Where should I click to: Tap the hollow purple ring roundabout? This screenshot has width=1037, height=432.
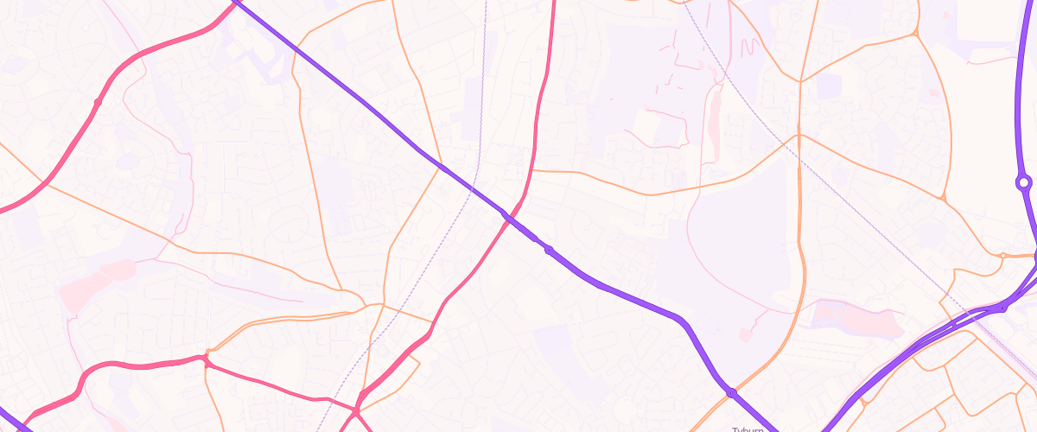click(x=1024, y=182)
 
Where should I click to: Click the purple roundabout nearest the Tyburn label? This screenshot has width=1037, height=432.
click(x=732, y=393)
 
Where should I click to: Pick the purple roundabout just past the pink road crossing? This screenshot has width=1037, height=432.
click(x=549, y=251)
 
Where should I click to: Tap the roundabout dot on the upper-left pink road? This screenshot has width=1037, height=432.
click(x=98, y=102)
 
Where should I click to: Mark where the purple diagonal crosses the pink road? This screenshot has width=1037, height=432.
click(x=505, y=213)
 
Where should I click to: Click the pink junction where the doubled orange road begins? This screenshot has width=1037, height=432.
click(x=207, y=355)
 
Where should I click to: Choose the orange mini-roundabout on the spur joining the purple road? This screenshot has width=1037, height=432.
click(x=1002, y=256)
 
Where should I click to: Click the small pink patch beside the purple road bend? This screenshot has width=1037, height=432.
click(x=744, y=334)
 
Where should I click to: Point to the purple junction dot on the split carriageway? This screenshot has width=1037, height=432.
click(x=1002, y=307)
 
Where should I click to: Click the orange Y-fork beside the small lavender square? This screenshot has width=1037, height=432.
click(x=800, y=82)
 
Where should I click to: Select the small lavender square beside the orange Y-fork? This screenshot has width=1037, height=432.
click(x=828, y=86)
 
